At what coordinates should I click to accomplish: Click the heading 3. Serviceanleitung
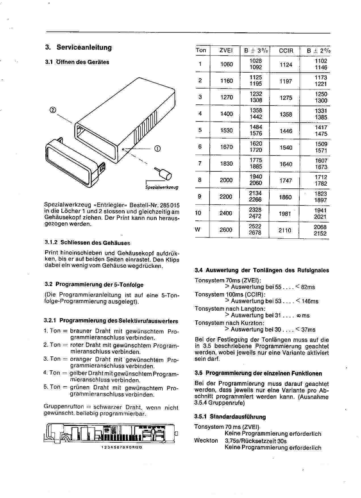(x=79, y=47)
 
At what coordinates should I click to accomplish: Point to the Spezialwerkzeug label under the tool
(x=162, y=187)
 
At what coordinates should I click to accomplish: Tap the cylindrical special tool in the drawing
(x=165, y=174)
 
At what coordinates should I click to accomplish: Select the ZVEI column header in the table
(x=226, y=51)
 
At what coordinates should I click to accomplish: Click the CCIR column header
(x=286, y=51)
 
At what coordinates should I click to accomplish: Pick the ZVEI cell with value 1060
(x=226, y=64)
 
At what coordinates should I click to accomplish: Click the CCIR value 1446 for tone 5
(x=286, y=131)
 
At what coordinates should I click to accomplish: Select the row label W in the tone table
(x=198, y=230)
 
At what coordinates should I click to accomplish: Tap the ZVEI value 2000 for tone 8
(x=226, y=180)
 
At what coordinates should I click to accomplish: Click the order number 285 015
(x=169, y=205)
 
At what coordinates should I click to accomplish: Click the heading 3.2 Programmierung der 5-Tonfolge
(x=94, y=285)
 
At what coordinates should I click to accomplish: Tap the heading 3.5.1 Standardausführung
(x=230, y=417)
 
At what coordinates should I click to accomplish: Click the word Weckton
(x=206, y=441)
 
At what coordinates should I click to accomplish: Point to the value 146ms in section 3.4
(x=310, y=301)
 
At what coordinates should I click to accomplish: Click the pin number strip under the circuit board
(x=121, y=447)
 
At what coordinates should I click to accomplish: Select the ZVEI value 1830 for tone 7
(x=226, y=164)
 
